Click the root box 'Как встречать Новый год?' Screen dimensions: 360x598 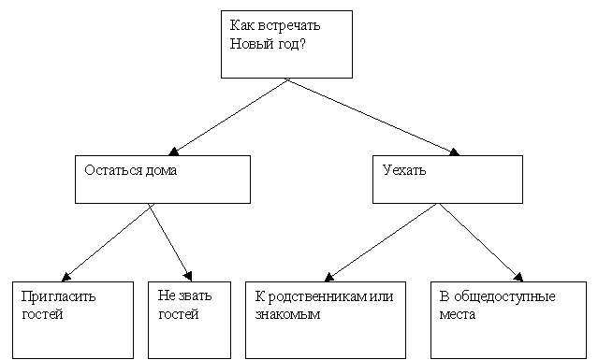tap(286, 44)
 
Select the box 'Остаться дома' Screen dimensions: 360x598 tap(162, 179)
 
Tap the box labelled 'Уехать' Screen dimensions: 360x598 tap(447, 179)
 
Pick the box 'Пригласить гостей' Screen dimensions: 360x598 tap(73, 319)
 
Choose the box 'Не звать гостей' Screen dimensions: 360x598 tap(189, 319)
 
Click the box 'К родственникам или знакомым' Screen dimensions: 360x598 tap(325, 319)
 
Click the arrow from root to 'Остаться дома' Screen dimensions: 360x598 tap(229, 117)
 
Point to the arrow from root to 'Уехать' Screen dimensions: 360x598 tap(374, 117)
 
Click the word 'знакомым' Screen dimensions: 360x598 tap(287, 314)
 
